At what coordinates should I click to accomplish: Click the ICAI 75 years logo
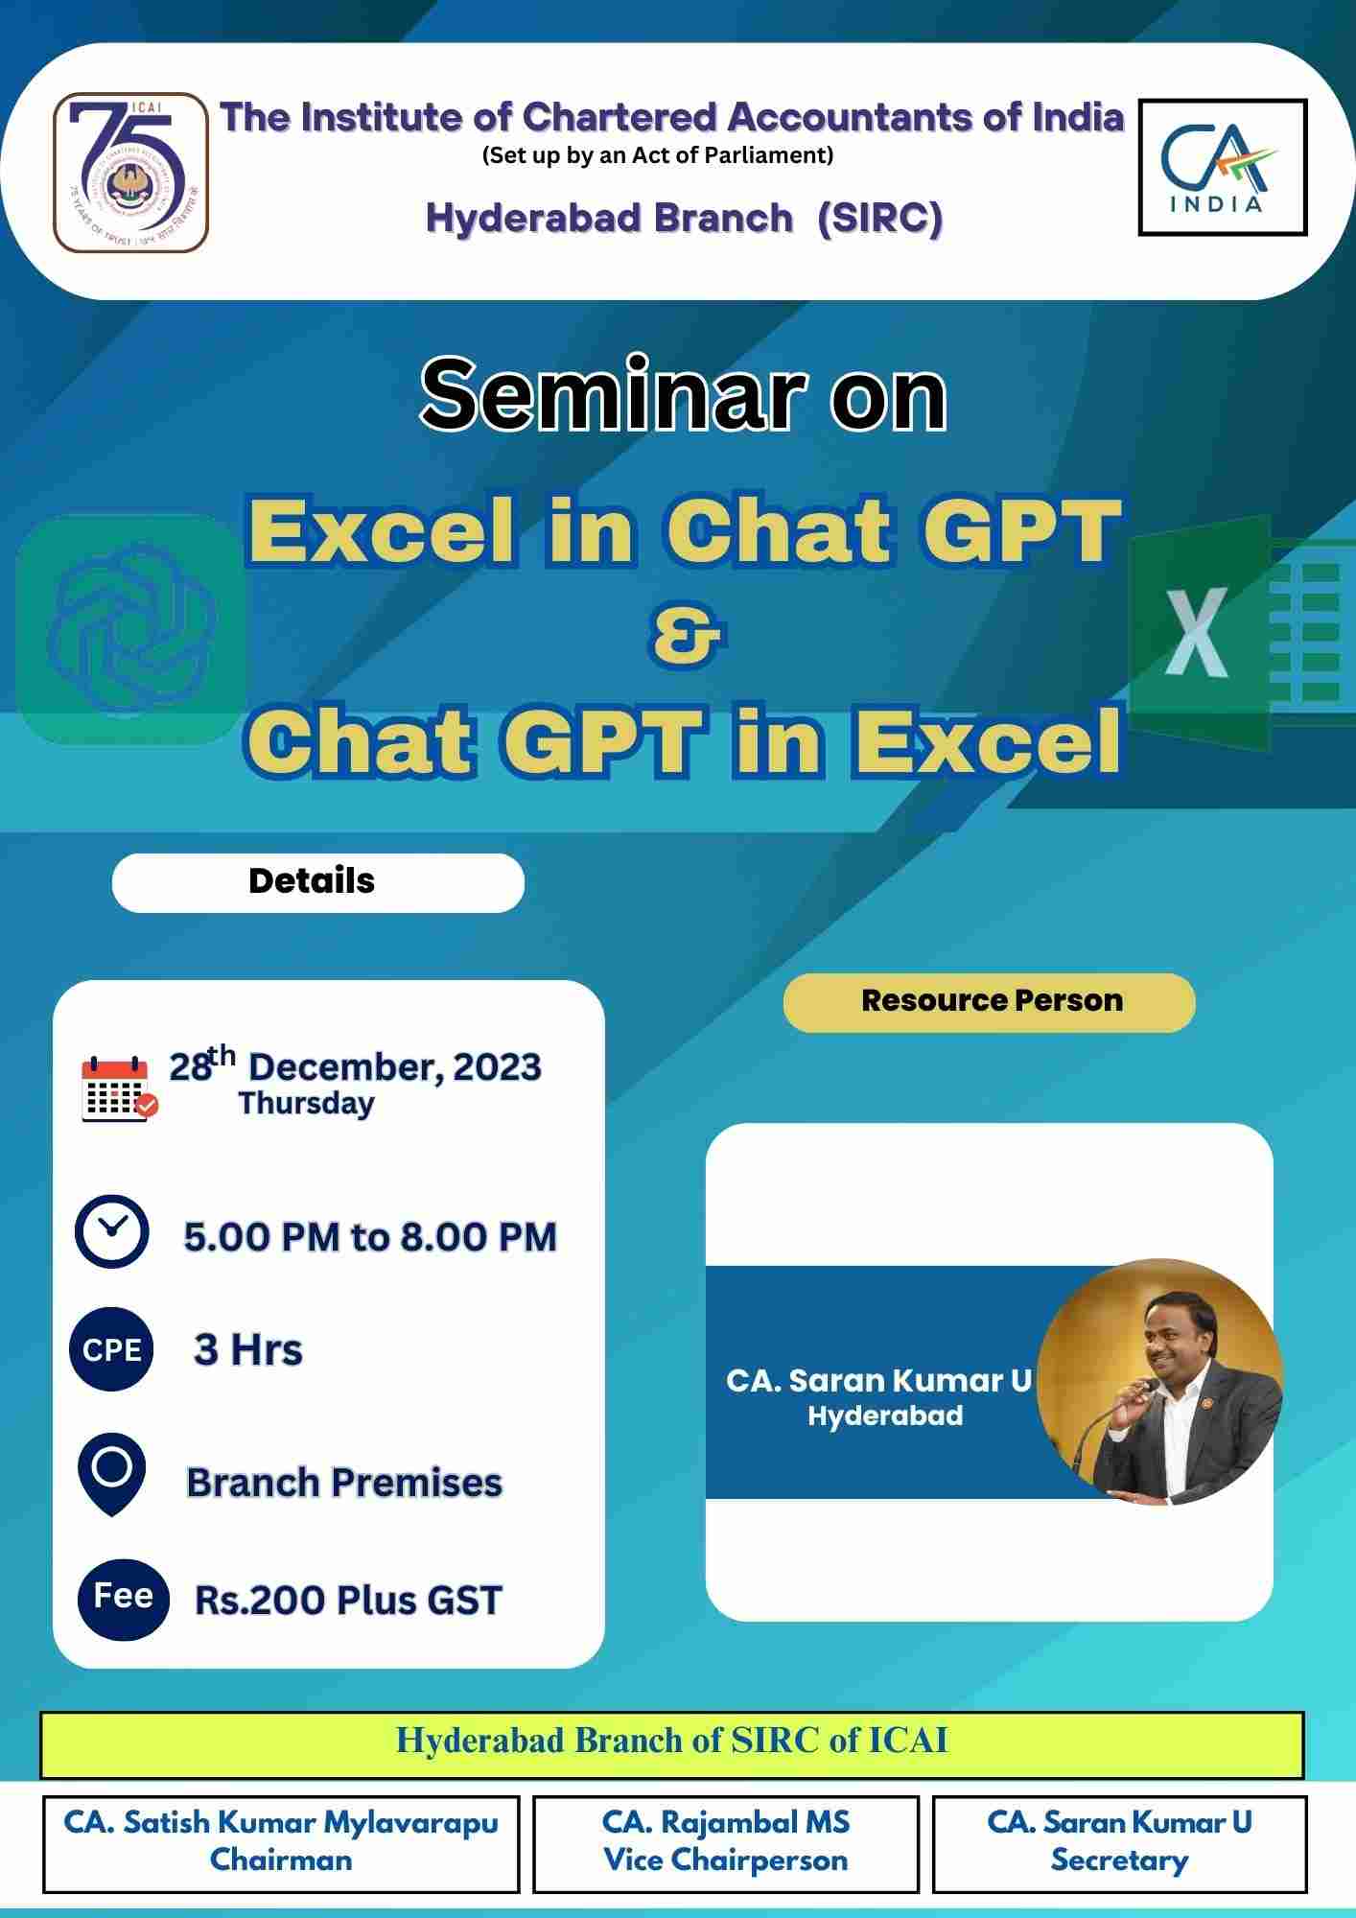coord(130,173)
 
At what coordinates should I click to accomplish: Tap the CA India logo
coord(1222,168)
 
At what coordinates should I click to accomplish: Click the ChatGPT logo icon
coord(132,629)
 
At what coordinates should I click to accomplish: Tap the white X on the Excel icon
coord(1196,633)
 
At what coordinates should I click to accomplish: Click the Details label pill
coord(317,882)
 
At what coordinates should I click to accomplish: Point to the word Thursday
coord(306,1104)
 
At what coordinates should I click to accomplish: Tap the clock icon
coord(112,1231)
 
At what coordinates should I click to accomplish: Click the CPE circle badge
coord(111,1349)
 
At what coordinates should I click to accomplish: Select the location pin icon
coord(111,1473)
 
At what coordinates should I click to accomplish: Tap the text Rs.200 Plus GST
coord(348,1601)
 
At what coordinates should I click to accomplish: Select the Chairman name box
coord(281,1843)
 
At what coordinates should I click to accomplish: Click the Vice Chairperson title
coord(725,1861)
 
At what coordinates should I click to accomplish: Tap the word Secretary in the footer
coord(1119,1861)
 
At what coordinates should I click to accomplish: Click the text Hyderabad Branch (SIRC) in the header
coord(684,219)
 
